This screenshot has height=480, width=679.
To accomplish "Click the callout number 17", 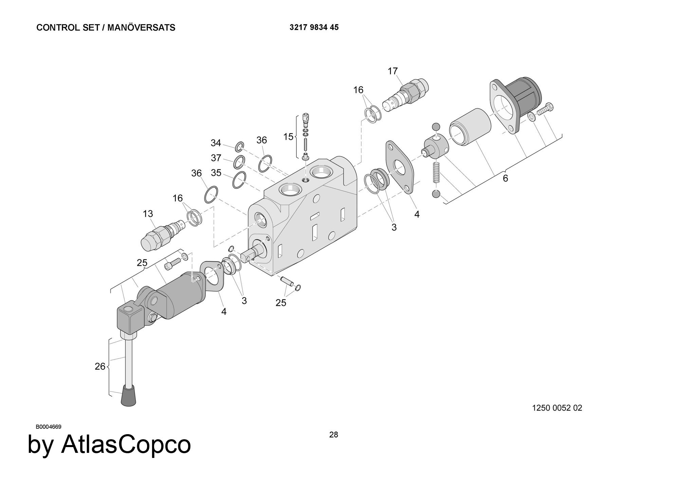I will [x=392, y=71].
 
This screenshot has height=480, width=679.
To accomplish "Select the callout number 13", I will [x=148, y=214].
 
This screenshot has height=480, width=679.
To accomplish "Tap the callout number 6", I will [x=505, y=178].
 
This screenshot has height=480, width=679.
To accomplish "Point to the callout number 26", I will [x=100, y=367].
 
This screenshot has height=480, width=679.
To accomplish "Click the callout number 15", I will [x=288, y=137].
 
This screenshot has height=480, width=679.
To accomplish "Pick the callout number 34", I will [x=216, y=143].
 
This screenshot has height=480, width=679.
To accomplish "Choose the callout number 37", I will [x=216, y=158].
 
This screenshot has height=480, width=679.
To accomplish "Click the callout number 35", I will [x=216, y=173].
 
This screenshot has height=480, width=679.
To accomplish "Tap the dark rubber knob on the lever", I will [x=129, y=397].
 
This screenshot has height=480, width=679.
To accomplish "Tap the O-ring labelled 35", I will [x=239, y=180].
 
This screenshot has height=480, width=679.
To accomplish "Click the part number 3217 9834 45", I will [x=314, y=27].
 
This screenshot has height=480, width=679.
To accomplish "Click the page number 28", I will [x=333, y=435].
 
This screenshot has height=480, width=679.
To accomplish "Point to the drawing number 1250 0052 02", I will [x=557, y=408].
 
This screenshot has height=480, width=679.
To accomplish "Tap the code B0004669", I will [x=49, y=427].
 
